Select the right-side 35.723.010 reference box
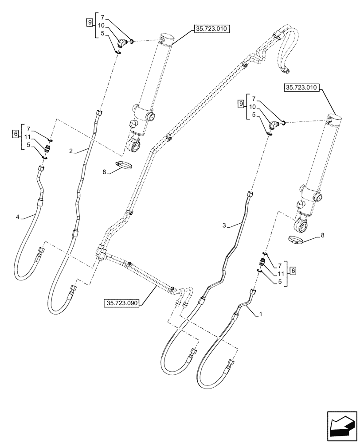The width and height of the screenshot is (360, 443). [x=301, y=88]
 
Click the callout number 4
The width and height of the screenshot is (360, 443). [x=18, y=217]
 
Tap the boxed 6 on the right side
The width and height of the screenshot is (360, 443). [x=293, y=270]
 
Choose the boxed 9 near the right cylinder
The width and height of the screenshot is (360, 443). [x=241, y=104]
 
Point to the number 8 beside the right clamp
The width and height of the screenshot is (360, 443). [x=322, y=235]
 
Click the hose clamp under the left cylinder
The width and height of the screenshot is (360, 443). [x=125, y=166]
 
